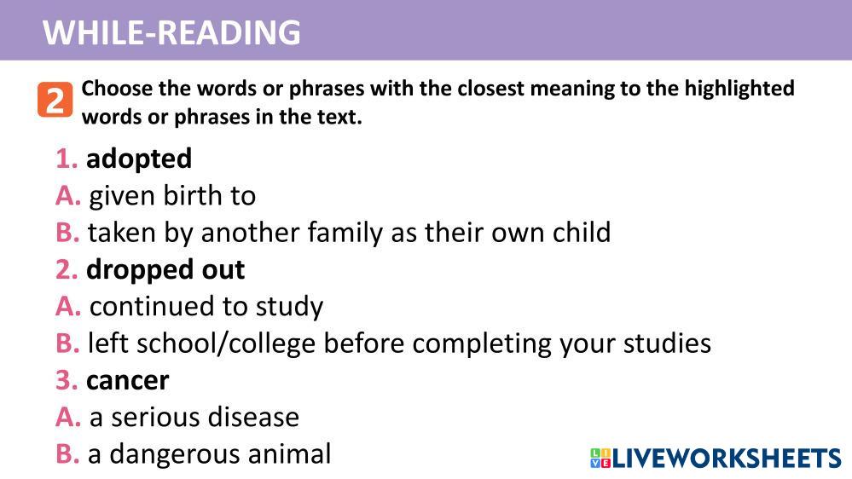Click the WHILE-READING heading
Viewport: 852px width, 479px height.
point(171,32)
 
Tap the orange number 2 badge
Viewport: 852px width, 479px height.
point(55,100)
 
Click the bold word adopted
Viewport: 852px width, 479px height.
point(139,159)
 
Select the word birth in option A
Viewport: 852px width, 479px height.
point(193,195)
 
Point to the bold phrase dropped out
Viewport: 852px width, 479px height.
point(165,270)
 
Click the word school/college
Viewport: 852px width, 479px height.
point(225,343)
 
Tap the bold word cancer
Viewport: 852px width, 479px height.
point(128,381)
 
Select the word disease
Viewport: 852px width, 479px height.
point(253,417)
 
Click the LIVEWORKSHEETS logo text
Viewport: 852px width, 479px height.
point(727,459)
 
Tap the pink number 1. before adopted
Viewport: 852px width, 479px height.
point(67,159)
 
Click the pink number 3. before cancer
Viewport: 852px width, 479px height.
point(67,381)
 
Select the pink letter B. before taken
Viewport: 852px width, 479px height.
point(67,233)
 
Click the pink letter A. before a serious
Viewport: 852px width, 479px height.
point(68,417)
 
